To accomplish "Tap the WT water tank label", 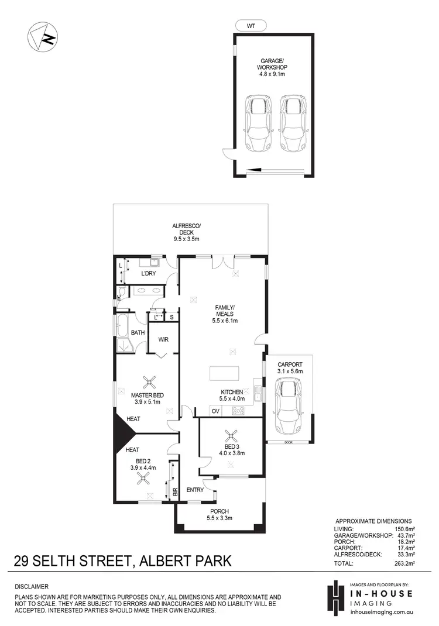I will pos(250,26).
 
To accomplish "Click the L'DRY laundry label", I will pos(148,274).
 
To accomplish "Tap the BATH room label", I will pos(138,333).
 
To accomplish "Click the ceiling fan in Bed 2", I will pos(143,478).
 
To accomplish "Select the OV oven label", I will pos(215,411).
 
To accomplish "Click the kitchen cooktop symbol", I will pos(239,411).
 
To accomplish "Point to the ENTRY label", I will pos(194,490).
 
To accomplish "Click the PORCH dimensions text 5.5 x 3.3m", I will pos(220,518).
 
